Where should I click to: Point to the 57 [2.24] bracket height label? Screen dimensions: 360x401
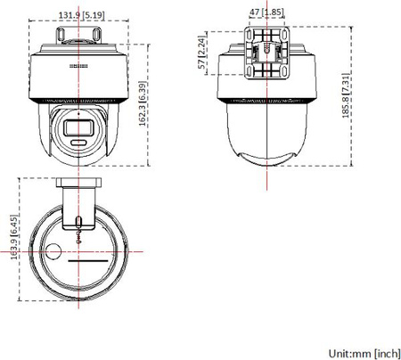coord(204,57)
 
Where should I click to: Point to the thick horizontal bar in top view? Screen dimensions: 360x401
coord(87,264)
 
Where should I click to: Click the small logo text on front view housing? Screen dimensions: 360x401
coord(80,64)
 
